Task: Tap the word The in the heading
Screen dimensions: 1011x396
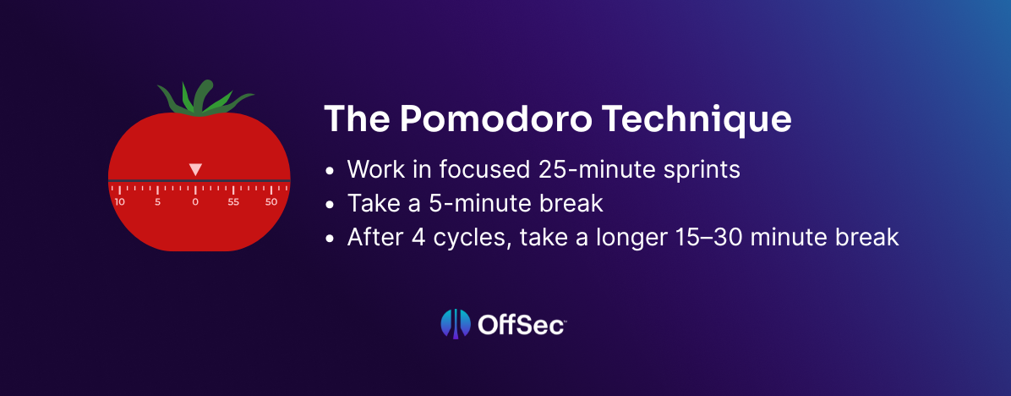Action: coord(356,119)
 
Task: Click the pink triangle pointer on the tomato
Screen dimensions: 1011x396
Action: coord(195,169)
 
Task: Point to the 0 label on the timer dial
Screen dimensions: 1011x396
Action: coord(195,202)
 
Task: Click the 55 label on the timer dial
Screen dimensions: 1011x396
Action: coord(233,202)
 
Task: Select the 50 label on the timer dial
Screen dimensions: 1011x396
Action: coord(271,202)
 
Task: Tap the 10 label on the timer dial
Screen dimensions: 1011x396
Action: coord(119,202)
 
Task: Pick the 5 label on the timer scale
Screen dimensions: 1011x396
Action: coord(157,202)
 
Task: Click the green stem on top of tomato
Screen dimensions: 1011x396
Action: coord(205,99)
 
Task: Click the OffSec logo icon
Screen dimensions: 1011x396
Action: coord(456,324)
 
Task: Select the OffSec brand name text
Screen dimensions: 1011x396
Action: coord(521,324)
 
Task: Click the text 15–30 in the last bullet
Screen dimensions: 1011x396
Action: coord(694,237)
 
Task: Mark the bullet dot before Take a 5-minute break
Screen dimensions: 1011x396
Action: coord(331,205)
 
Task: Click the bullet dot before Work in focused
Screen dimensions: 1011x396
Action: coord(331,172)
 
